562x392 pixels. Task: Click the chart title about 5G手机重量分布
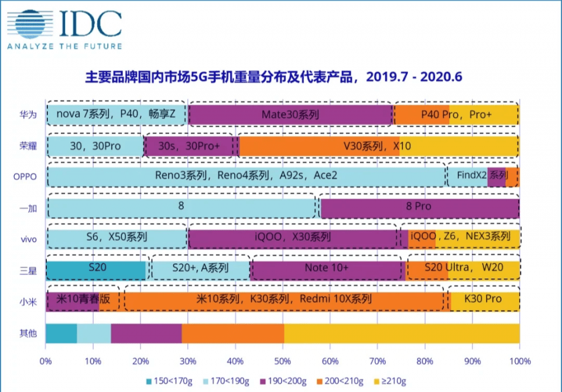click(278, 78)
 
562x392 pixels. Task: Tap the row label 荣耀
click(28, 146)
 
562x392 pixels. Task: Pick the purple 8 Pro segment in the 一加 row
click(419, 207)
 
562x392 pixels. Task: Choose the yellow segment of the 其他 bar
click(402, 333)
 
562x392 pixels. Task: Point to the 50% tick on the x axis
click(282, 361)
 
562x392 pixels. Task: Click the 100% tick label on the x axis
click(519, 361)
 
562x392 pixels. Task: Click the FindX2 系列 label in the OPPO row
click(475, 175)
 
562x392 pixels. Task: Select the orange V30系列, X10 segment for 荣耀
click(319, 146)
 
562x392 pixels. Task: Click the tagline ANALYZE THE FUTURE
click(64, 46)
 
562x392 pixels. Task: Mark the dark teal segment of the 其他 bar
click(61, 333)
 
